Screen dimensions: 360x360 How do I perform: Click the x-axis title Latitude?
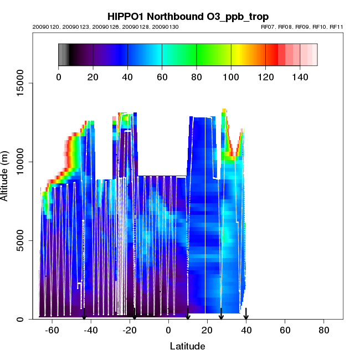[x=187, y=346]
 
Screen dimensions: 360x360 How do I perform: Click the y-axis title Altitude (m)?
[x=11, y=174]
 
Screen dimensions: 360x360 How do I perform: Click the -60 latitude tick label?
[x=52, y=330]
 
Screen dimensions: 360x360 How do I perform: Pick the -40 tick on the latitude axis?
[x=90, y=330]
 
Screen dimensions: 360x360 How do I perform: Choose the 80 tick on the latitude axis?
[x=324, y=330]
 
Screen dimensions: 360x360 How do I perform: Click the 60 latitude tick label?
[x=285, y=330]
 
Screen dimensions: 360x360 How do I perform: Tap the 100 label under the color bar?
[x=231, y=77]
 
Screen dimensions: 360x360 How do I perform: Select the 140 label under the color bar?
[x=300, y=77]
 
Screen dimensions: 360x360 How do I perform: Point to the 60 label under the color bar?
[x=162, y=77]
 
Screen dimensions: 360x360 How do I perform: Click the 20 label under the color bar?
[x=93, y=77]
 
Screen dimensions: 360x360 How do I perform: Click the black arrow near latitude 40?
[x=246, y=314]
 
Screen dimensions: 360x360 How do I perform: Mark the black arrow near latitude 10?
[x=188, y=314]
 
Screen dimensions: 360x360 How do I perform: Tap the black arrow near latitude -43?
[x=84, y=314]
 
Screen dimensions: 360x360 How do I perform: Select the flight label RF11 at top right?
[x=336, y=27]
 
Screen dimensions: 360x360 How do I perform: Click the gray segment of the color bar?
[x=63, y=55]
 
